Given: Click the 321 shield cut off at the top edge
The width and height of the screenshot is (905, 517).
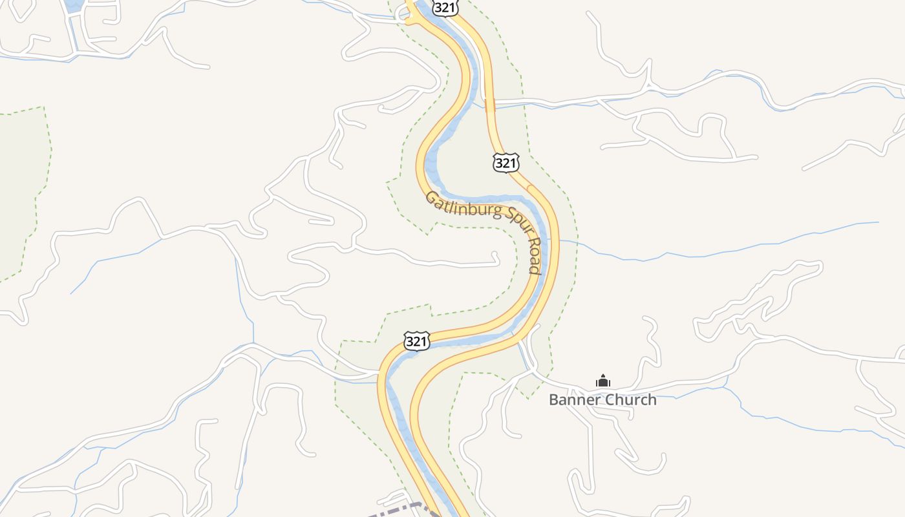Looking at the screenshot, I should click(445, 7).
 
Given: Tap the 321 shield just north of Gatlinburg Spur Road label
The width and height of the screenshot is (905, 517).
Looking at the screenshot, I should click(506, 163).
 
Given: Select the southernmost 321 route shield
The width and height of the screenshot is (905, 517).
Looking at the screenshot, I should click(417, 341).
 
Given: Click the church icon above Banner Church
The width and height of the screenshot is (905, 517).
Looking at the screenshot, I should click(602, 381).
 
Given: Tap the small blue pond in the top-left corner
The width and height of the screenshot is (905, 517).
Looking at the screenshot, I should click(73, 6).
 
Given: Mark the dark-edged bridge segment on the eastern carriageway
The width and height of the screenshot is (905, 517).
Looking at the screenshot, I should click(490, 105).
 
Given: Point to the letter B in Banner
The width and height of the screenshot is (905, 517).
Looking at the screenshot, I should click(553, 399).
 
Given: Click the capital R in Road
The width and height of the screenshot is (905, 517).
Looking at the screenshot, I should click(533, 244).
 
